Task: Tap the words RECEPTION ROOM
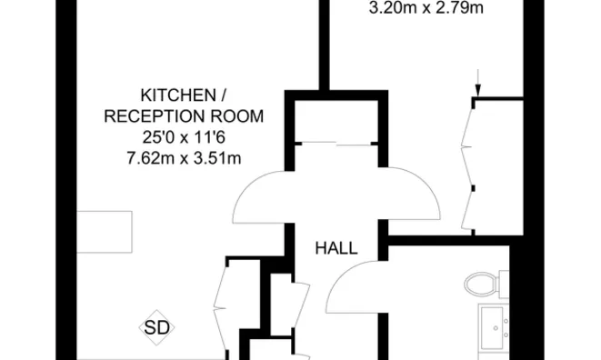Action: point(184,116)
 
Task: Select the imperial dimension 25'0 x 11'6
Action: point(184,137)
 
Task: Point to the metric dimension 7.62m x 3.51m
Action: point(184,159)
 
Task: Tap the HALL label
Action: point(336,247)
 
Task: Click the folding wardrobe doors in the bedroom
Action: point(469,164)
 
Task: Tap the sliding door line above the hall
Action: point(336,144)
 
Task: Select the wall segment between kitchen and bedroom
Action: point(322,45)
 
